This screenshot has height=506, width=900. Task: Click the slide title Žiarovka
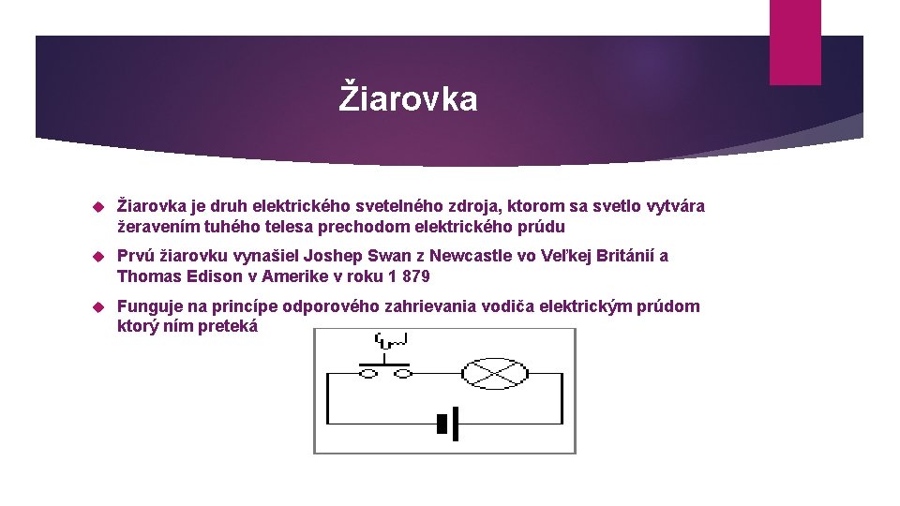408,98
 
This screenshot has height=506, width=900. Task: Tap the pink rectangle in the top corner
794,42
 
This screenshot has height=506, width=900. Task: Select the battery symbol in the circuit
447,424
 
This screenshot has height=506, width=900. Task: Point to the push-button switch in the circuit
385,369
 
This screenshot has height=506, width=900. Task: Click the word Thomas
146,276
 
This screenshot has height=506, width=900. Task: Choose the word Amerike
293,276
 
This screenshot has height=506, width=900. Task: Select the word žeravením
157,226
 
